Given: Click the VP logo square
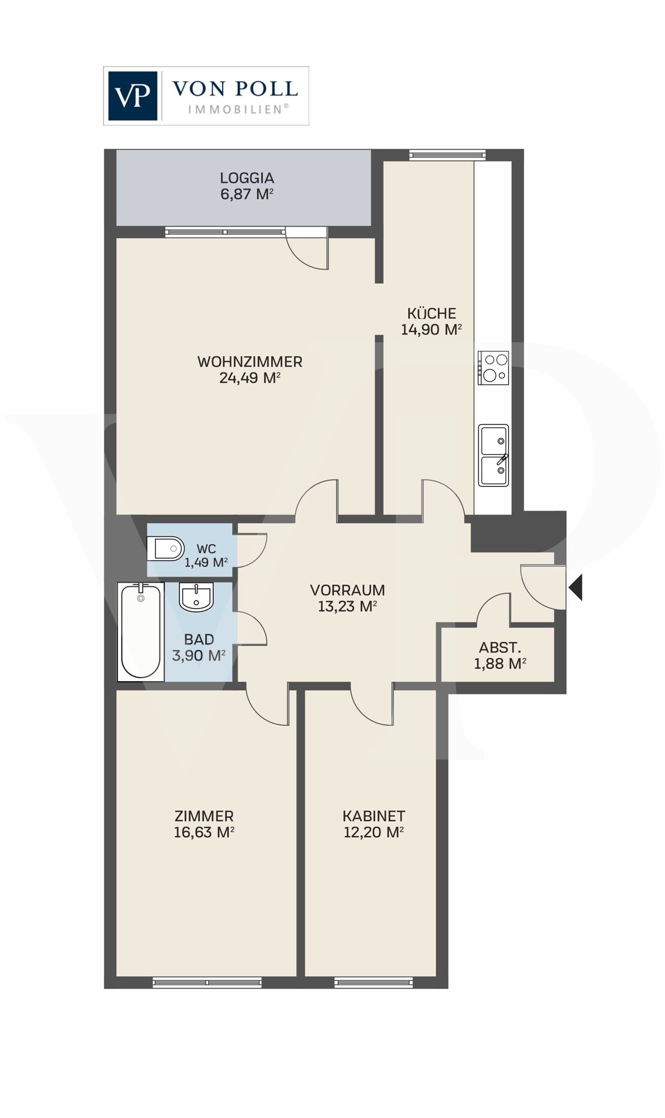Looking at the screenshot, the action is (133, 96).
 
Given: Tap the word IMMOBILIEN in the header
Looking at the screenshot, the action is (238, 110).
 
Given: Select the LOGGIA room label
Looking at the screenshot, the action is (247, 178).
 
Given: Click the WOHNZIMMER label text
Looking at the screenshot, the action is (250, 362).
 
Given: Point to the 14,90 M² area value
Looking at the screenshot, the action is (431, 329).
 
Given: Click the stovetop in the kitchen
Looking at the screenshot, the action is (493, 368).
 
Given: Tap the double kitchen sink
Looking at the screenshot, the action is (493, 455).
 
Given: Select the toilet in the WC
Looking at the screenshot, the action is (166, 549).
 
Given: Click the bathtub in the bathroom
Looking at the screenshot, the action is (140, 632).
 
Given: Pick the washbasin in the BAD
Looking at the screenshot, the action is (196, 597).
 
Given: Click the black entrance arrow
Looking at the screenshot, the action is (576, 588).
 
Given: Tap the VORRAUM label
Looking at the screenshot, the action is (347, 590).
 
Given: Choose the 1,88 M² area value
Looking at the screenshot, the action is (500, 664).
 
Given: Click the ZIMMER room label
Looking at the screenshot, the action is (204, 816).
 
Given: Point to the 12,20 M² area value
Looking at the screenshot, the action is (374, 832).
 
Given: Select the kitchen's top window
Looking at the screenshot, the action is (447, 155).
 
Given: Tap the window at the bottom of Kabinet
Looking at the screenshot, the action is (374, 982).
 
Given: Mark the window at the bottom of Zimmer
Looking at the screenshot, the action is (207, 982).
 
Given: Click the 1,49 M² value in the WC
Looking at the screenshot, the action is (206, 563).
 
